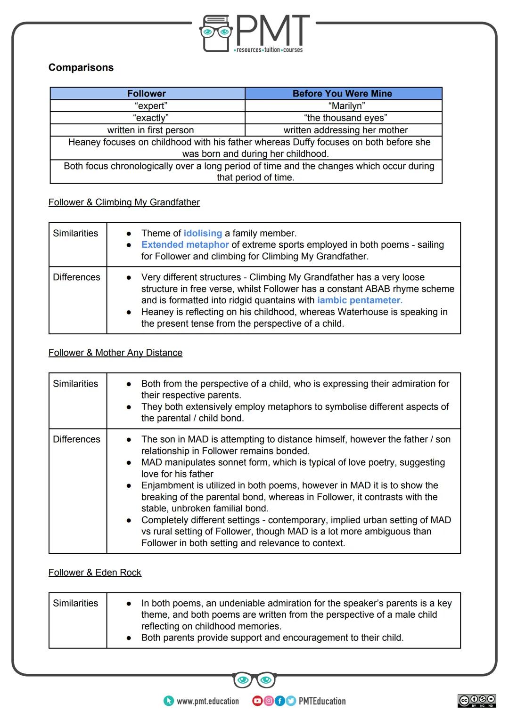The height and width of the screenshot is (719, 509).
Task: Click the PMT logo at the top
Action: [x=254, y=33]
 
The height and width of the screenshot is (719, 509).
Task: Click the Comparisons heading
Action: [x=81, y=67]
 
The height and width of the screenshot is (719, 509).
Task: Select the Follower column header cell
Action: [x=147, y=93]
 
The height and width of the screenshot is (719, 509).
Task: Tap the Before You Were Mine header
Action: [x=342, y=93]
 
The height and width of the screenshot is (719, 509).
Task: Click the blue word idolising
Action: [x=203, y=233]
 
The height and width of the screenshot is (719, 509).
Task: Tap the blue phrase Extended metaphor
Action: [x=185, y=245]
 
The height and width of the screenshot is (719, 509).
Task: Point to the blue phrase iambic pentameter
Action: [x=360, y=300]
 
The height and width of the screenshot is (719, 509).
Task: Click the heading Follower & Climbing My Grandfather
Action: [x=124, y=202]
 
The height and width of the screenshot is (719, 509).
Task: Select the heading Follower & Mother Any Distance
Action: [x=115, y=353]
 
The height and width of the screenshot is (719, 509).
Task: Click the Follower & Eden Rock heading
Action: [x=95, y=572]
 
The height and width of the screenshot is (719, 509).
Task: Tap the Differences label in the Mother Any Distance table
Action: [x=76, y=439]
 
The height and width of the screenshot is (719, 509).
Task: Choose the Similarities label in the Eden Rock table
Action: [x=75, y=603]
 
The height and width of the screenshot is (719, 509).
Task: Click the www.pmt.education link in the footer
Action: [x=207, y=701]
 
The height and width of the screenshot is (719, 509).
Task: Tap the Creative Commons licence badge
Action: [x=476, y=700]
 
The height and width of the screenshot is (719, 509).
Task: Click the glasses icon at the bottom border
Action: [x=254, y=680]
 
